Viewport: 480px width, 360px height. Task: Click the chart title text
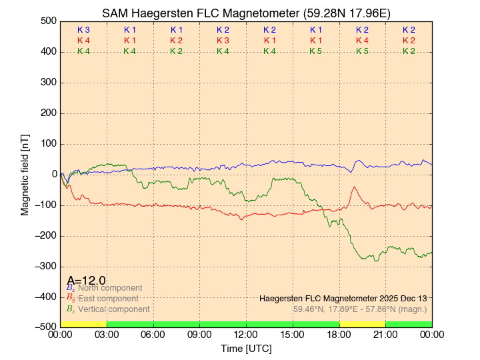(x=246, y=13)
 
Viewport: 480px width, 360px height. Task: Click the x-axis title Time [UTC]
(x=246, y=349)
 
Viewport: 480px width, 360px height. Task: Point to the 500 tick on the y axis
(x=47, y=21)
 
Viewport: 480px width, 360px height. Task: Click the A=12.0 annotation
(x=86, y=281)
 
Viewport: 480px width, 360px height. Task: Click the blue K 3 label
(x=83, y=30)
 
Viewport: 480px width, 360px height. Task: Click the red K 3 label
(x=223, y=41)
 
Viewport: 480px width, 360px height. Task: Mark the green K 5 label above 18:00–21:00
(x=362, y=51)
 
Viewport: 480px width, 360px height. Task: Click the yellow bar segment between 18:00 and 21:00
(x=362, y=324)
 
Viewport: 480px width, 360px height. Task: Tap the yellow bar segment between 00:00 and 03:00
(x=83, y=324)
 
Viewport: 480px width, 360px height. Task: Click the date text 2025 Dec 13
(x=401, y=298)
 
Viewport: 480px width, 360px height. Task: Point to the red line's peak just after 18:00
(x=354, y=187)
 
